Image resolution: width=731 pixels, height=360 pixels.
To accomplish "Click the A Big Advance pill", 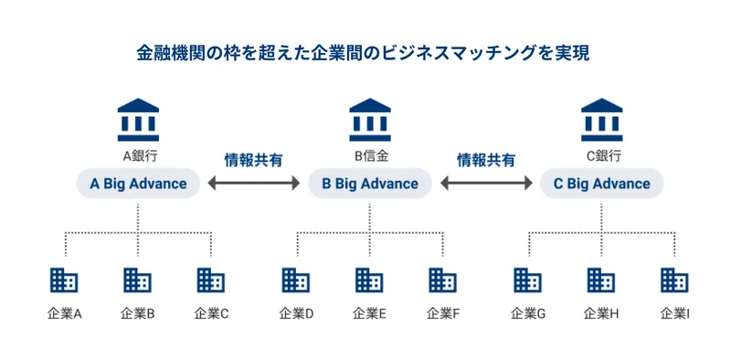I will point(138,184).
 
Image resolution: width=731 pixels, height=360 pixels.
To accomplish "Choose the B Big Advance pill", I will point(370,184).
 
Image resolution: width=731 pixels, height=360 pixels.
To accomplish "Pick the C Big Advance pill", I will point(602,184).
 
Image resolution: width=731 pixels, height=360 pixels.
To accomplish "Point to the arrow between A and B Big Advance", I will point(254,184).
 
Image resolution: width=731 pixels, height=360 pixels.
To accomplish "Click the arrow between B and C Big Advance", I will point(486,184).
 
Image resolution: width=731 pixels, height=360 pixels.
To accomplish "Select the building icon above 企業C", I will point(211,280).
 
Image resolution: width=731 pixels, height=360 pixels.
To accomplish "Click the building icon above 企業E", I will point(370,280).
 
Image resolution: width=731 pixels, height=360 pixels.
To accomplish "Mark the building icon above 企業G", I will point(528,280).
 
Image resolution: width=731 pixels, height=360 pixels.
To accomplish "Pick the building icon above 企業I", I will point(675,280).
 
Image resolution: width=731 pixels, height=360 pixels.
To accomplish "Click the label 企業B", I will point(138,314).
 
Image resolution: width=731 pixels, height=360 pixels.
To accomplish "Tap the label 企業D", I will point(296,314).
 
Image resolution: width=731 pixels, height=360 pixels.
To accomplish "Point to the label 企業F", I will point(443,314).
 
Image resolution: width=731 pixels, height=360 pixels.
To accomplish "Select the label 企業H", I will point(602,314).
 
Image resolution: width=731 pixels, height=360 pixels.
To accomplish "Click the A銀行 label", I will point(138,156).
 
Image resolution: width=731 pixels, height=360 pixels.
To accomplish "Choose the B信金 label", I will point(370,156).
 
